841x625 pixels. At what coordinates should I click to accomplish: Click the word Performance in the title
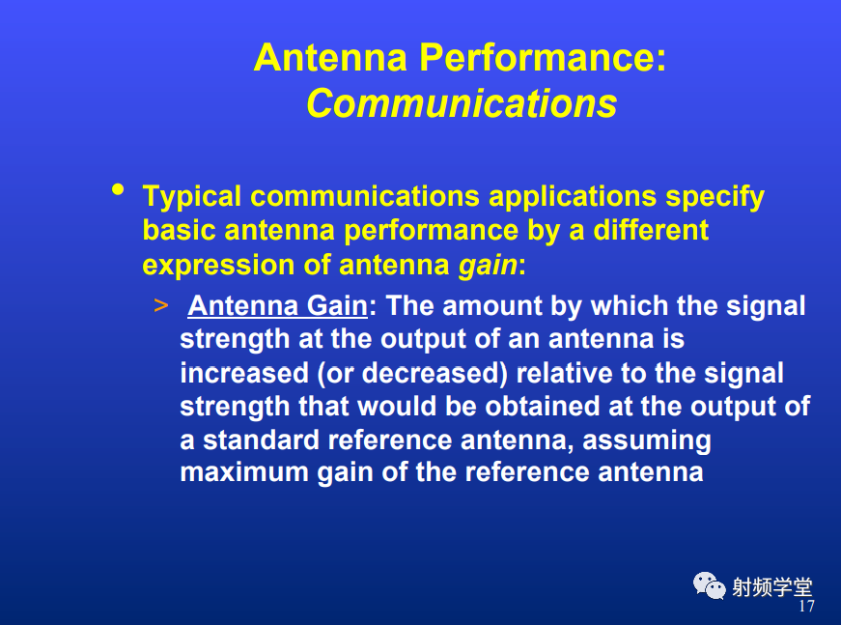pos(543,57)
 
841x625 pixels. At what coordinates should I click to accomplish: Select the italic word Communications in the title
pos(462,103)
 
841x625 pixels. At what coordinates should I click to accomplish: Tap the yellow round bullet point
pos(118,189)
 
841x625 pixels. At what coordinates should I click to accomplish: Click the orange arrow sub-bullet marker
pos(161,306)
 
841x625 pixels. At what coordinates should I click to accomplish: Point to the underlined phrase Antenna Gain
pos(278,306)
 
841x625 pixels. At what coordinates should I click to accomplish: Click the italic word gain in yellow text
pos(488,265)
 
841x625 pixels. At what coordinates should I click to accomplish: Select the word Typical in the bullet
pos(191,197)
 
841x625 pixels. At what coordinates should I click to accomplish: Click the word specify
pos(715,197)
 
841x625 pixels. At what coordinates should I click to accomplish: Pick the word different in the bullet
pos(651,230)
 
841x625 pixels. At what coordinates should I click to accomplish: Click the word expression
pos(218,266)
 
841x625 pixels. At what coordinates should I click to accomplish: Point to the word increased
pos(244,374)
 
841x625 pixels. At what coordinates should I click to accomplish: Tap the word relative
pos(564,374)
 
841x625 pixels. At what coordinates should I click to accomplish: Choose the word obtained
pos(543,407)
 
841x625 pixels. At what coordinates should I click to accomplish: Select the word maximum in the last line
pos(244,472)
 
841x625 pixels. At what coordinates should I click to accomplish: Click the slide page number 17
pos(806,607)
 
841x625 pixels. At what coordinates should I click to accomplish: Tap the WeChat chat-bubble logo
pos(709,585)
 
